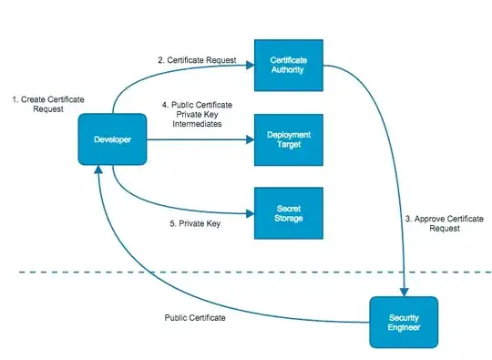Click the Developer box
(x=112, y=139)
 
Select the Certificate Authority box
(x=287, y=65)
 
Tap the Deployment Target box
(x=287, y=139)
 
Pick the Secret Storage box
(x=287, y=213)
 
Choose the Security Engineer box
(x=403, y=322)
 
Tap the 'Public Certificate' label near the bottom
(x=195, y=318)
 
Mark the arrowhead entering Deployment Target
(x=249, y=139)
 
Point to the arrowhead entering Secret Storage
(x=249, y=211)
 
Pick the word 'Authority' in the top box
(x=288, y=71)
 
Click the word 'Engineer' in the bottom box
(x=403, y=328)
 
